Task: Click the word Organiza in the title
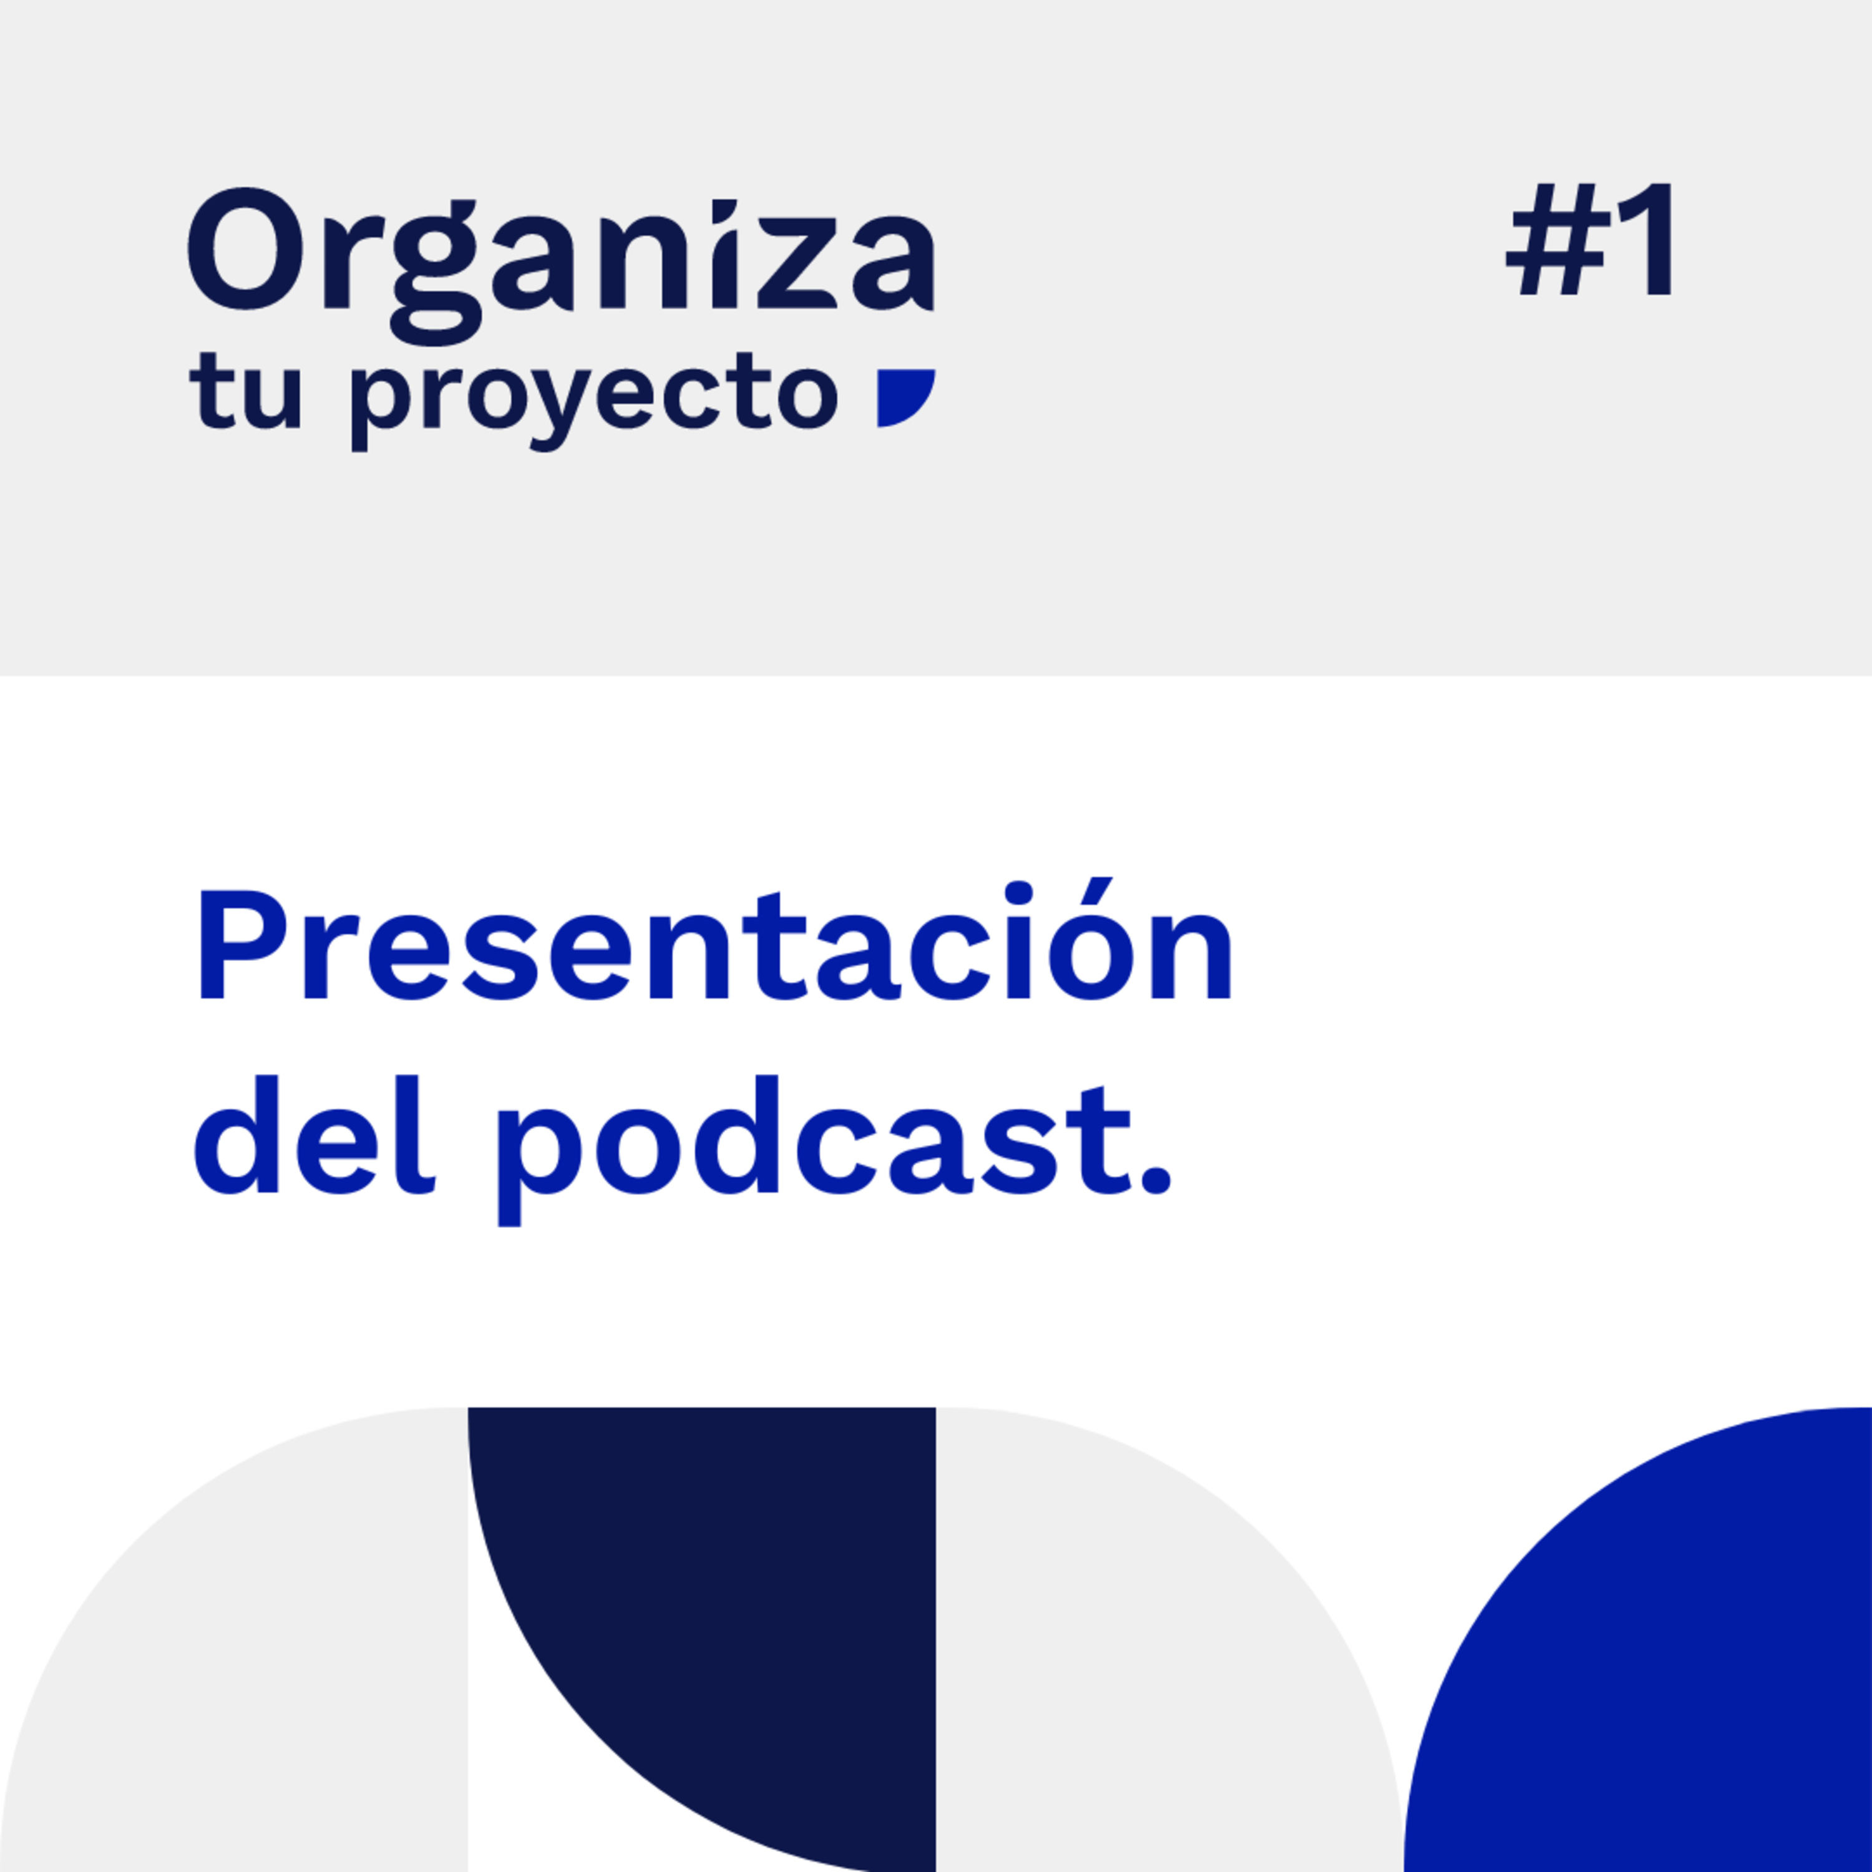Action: tap(561, 265)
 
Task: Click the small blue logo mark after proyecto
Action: tap(905, 397)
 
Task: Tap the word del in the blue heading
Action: tap(314, 1134)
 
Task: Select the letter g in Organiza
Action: tap(437, 276)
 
